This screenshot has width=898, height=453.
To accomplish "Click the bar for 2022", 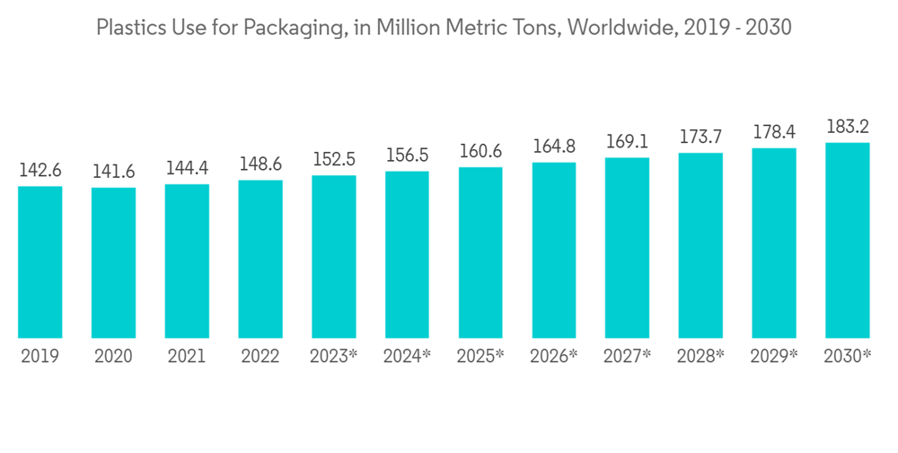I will (260, 259).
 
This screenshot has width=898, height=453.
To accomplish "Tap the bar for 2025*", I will (480, 253).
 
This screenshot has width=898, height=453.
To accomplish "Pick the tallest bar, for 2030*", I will (848, 240).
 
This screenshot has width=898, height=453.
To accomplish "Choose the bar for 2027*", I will (627, 248).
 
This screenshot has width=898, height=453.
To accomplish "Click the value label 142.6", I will (40, 171).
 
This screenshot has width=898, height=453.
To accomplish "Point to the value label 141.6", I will (113, 172).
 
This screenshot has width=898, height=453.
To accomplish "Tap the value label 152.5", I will (334, 159).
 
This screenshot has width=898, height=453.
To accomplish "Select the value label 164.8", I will (554, 147).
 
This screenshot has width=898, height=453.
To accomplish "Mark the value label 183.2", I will (848, 127).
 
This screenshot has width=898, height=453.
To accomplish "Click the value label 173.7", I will (700, 138).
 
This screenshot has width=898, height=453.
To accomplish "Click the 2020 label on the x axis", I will (113, 357).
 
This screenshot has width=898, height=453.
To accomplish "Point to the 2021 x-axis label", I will (187, 357).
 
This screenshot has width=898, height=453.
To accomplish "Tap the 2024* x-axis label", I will (407, 357).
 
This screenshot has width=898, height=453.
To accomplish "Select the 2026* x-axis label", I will (554, 357).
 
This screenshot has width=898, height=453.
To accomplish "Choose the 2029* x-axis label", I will (774, 357).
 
